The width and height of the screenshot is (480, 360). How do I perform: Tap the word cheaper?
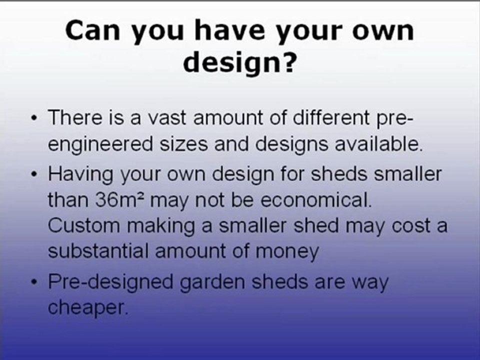88,308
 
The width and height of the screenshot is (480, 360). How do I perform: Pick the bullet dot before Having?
34,174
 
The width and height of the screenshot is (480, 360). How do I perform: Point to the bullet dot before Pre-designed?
34,282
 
